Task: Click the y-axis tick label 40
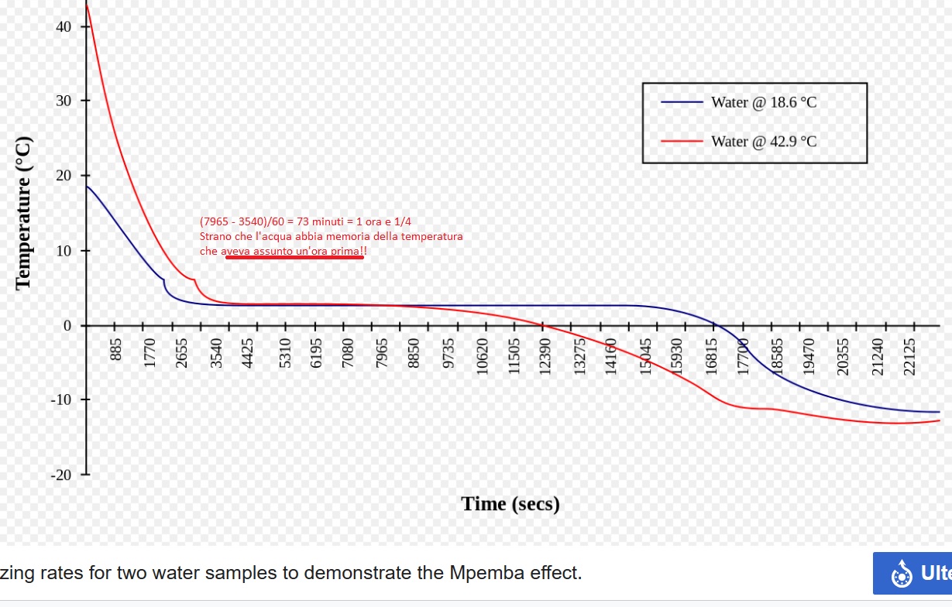pyautogui.click(x=64, y=27)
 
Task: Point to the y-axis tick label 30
pyautogui.click(x=64, y=101)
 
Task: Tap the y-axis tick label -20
pyautogui.click(x=61, y=475)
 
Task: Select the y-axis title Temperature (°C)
pyautogui.click(x=24, y=213)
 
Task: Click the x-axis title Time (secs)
pyautogui.click(x=510, y=504)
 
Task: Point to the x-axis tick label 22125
pyautogui.click(x=909, y=357)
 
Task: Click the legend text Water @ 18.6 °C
pyautogui.click(x=764, y=102)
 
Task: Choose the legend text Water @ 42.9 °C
pyautogui.click(x=764, y=142)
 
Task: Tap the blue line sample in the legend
pyautogui.click(x=682, y=102)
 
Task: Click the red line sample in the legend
pyautogui.click(x=682, y=142)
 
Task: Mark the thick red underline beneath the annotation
pyautogui.click(x=294, y=258)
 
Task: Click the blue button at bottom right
pyautogui.click(x=912, y=573)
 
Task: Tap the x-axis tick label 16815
pyautogui.click(x=711, y=357)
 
